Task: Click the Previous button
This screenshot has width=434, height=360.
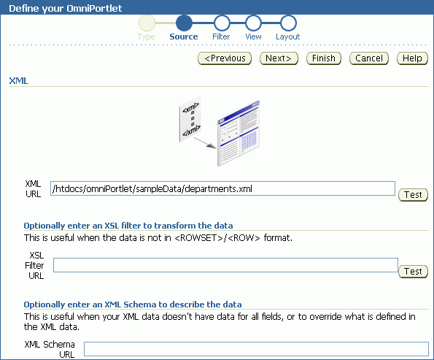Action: click(x=225, y=58)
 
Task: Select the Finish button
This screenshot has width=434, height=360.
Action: click(x=324, y=58)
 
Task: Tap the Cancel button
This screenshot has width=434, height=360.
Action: click(x=369, y=58)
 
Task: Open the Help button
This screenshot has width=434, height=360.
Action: click(x=412, y=58)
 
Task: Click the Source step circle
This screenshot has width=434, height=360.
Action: click(x=184, y=23)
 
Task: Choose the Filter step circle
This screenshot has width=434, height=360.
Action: click(x=222, y=23)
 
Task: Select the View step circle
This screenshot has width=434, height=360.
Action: click(x=253, y=23)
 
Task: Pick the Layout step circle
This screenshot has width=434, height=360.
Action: click(x=288, y=23)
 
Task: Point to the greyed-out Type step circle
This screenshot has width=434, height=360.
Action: click(x=147, y=23)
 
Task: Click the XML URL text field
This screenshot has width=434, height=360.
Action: click(x=222, y=188)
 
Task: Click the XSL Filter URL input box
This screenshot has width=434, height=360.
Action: click(x=225, y=265)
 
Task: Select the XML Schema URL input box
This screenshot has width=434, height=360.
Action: click(x=256, y=349)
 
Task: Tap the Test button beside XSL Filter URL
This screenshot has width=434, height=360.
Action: click(x=413, y=272)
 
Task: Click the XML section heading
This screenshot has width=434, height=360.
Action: click(x=18, y=81)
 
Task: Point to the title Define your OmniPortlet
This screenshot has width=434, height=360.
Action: click(x=66, y=8)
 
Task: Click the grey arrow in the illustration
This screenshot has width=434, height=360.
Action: click(x=205, y=143)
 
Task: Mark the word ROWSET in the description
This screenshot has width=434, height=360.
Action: click(x=198, y=238)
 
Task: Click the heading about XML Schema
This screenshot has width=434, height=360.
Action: click(x=133, y=305)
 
